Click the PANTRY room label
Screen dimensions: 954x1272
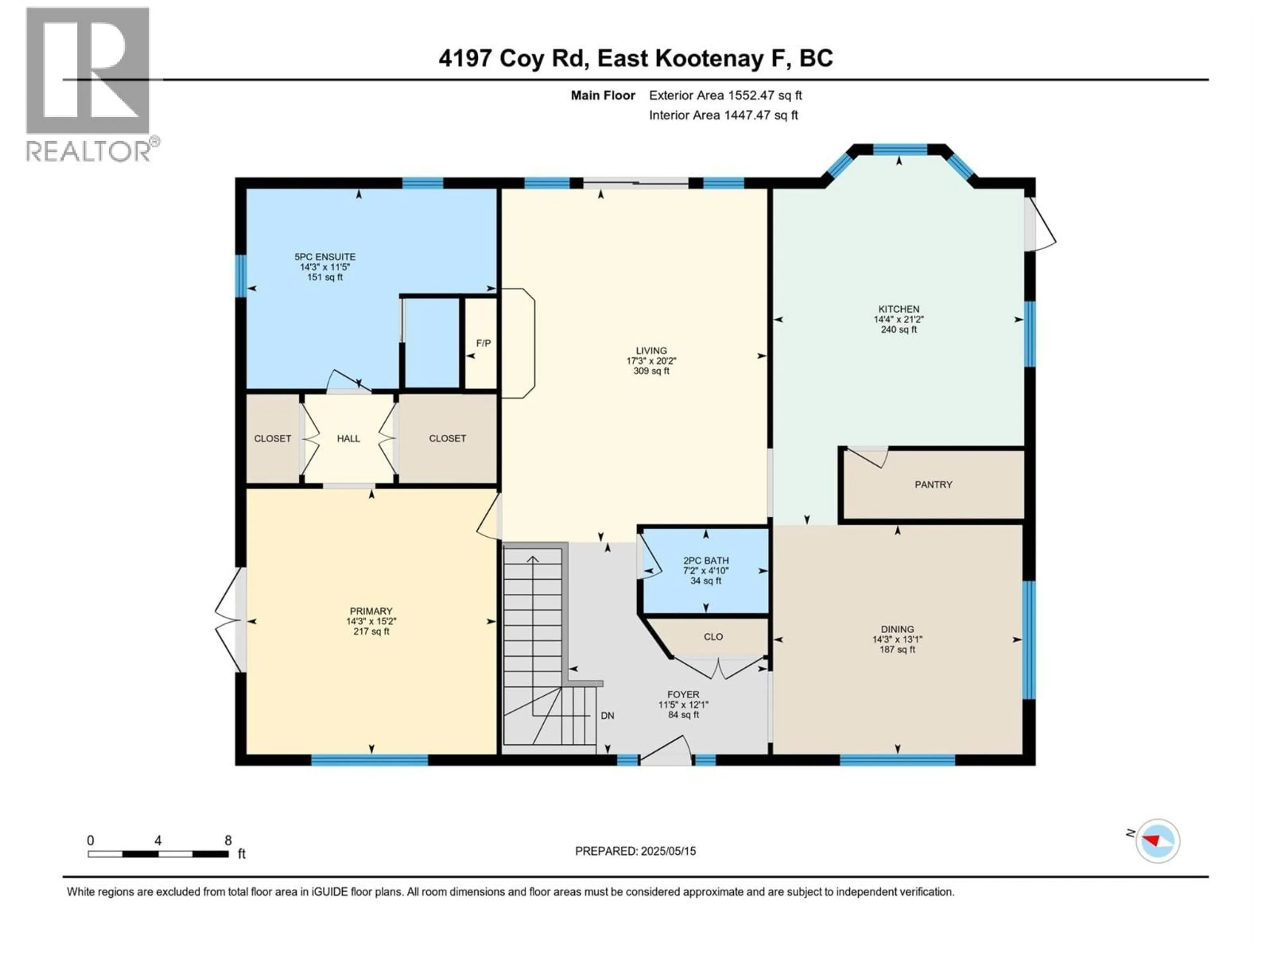(x=933, y=485)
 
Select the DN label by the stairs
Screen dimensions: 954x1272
(x=607, y=716)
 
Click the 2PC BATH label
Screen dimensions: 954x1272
(x=706, y=560)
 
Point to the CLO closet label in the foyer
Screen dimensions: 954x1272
(x=713, y=637)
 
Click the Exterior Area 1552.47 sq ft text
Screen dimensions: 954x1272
(x=725, y=95)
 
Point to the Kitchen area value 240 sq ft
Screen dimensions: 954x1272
(x=898, y=330)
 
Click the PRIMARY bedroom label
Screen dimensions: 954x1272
(x=371, y=611)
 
